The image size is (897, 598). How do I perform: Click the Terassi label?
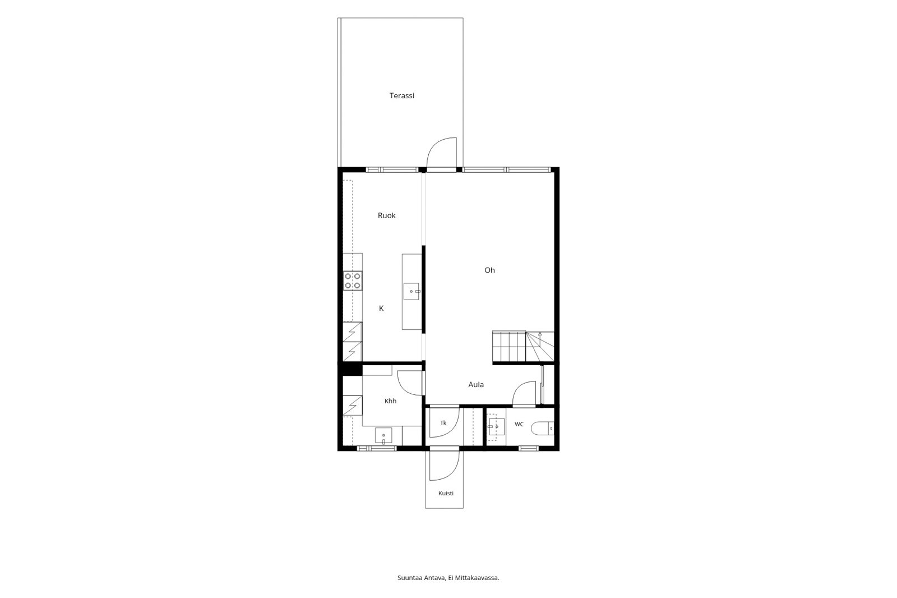click(x=401, y=95)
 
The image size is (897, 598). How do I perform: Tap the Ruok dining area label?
click(x=386, y=215)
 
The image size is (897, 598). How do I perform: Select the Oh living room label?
click(x=489, y=270)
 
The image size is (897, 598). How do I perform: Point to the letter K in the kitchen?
click(x=381, y=308)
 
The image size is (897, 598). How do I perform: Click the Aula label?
click(x=476, y=384)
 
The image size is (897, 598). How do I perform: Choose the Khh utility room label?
click(x=390, y=401)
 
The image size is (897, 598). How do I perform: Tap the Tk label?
click(x=443, y=423)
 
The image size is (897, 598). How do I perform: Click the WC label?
click(x=519, y=424)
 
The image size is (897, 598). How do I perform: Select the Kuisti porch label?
click(x=446, y=494)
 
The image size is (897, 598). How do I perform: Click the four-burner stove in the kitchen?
click(x=353, y=281)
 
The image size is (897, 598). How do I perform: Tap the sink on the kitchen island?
click(x=411, y=291)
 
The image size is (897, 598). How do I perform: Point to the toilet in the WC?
click(x=542, y=428)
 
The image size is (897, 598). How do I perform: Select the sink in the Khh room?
click(x=383, y=436)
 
